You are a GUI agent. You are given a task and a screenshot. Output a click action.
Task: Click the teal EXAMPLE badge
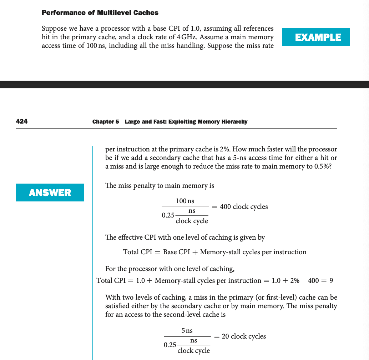click(316, 37)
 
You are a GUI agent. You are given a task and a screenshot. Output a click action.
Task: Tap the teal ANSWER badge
click(50, 192)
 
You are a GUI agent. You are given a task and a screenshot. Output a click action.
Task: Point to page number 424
click(22, 121)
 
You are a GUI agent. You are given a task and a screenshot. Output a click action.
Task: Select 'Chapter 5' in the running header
click(105, 122)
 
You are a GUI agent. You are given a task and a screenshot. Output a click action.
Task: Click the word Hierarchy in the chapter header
click(232, 122)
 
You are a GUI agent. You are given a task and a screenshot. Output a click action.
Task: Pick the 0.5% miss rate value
click(322, 167)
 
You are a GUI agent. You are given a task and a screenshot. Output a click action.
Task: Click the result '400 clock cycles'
click(244, 207)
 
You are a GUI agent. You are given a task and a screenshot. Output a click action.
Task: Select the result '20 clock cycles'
click(244, 336)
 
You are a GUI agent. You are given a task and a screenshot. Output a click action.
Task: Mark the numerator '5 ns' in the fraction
click(187, 331)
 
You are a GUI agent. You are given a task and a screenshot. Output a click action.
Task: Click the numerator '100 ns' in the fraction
click(185, 201)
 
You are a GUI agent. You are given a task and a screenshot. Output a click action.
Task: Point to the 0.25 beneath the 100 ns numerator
click(168, 215)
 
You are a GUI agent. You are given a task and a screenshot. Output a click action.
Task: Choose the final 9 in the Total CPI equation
click(331, 281)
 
